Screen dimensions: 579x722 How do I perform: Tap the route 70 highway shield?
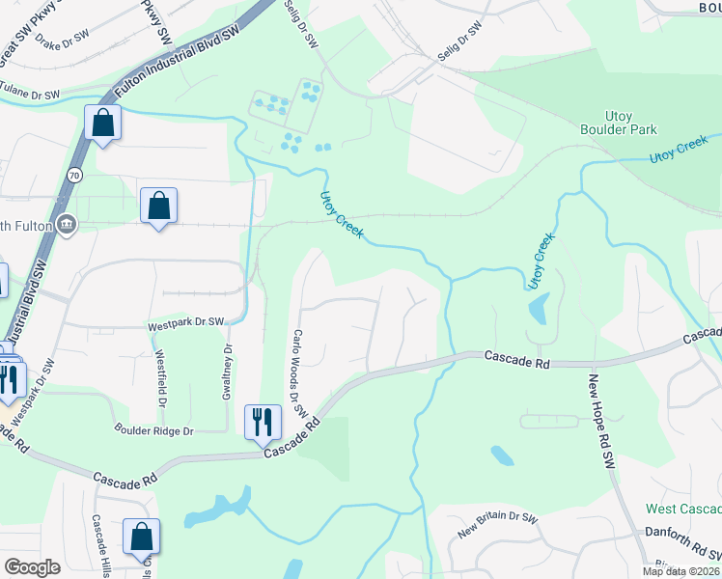(74, 175)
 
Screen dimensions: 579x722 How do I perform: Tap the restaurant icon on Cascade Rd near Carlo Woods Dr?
(262, 421)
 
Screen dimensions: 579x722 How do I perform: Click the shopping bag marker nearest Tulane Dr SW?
(102, 124)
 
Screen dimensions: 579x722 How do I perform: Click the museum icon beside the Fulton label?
(66, 225)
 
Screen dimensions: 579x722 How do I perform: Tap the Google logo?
(32, 567)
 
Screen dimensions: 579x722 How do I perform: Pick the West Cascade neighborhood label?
(683, 509)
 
